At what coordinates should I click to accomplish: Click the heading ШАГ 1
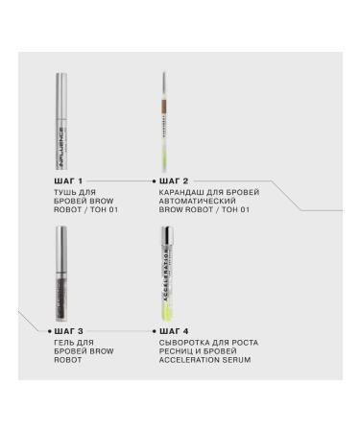70,180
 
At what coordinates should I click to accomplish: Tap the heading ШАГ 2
173,180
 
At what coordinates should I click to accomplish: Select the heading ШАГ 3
70,328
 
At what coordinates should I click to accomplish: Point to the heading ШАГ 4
173,328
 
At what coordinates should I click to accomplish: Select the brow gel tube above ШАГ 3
61,272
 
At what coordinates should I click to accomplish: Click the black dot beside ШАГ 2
154,180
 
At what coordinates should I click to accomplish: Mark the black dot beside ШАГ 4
154,328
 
